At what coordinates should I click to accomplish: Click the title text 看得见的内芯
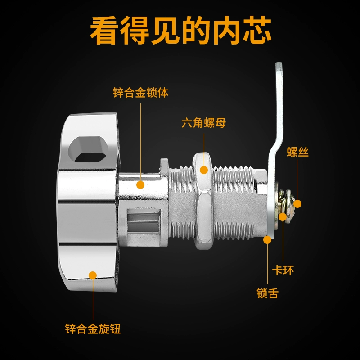point(180,31)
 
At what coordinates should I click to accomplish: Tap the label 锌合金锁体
point(140,93)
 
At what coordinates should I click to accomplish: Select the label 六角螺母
point(204,123)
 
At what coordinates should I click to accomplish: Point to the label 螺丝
point(297,152)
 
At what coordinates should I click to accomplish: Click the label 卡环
point(283,270)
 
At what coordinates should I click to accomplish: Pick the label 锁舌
point(267,293)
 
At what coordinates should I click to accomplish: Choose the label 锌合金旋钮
point(93,328)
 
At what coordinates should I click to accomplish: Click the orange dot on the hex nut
point(204,170)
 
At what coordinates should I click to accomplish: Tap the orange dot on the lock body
point(140,184)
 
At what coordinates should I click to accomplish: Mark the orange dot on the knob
point(93,275)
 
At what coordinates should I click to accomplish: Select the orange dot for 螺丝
point(297,204)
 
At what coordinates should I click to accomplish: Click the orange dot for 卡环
point(283,217)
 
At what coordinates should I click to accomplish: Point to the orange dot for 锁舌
point(267,240)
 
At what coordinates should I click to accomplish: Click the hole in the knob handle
point(88,149)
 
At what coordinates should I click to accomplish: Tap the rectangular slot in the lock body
point(143,220)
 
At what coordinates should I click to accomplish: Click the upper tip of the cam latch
point(279,63)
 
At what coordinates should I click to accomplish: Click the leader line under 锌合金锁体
point(141,142)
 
